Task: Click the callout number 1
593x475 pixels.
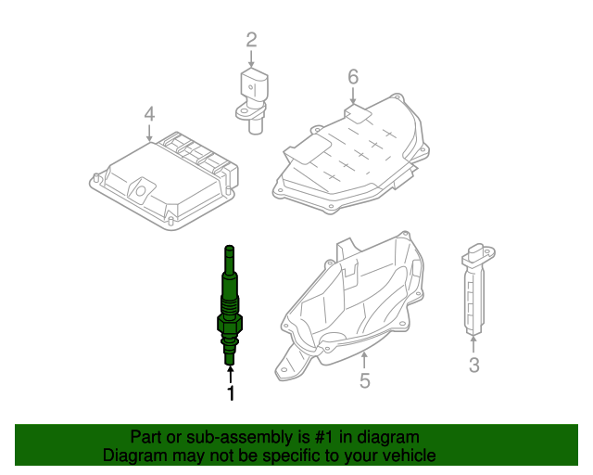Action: (231, 394)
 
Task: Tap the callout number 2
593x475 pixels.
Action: (250, 39)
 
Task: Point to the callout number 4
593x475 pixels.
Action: (149, 114)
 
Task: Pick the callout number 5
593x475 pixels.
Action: (364, 380)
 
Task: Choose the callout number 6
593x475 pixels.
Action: (352, 76)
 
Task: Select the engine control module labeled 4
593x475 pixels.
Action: (162, 176)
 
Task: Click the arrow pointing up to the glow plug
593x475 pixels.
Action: (230, 374)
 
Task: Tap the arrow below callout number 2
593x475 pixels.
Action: (250, 58)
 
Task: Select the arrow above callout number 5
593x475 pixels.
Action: (364, 357)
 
